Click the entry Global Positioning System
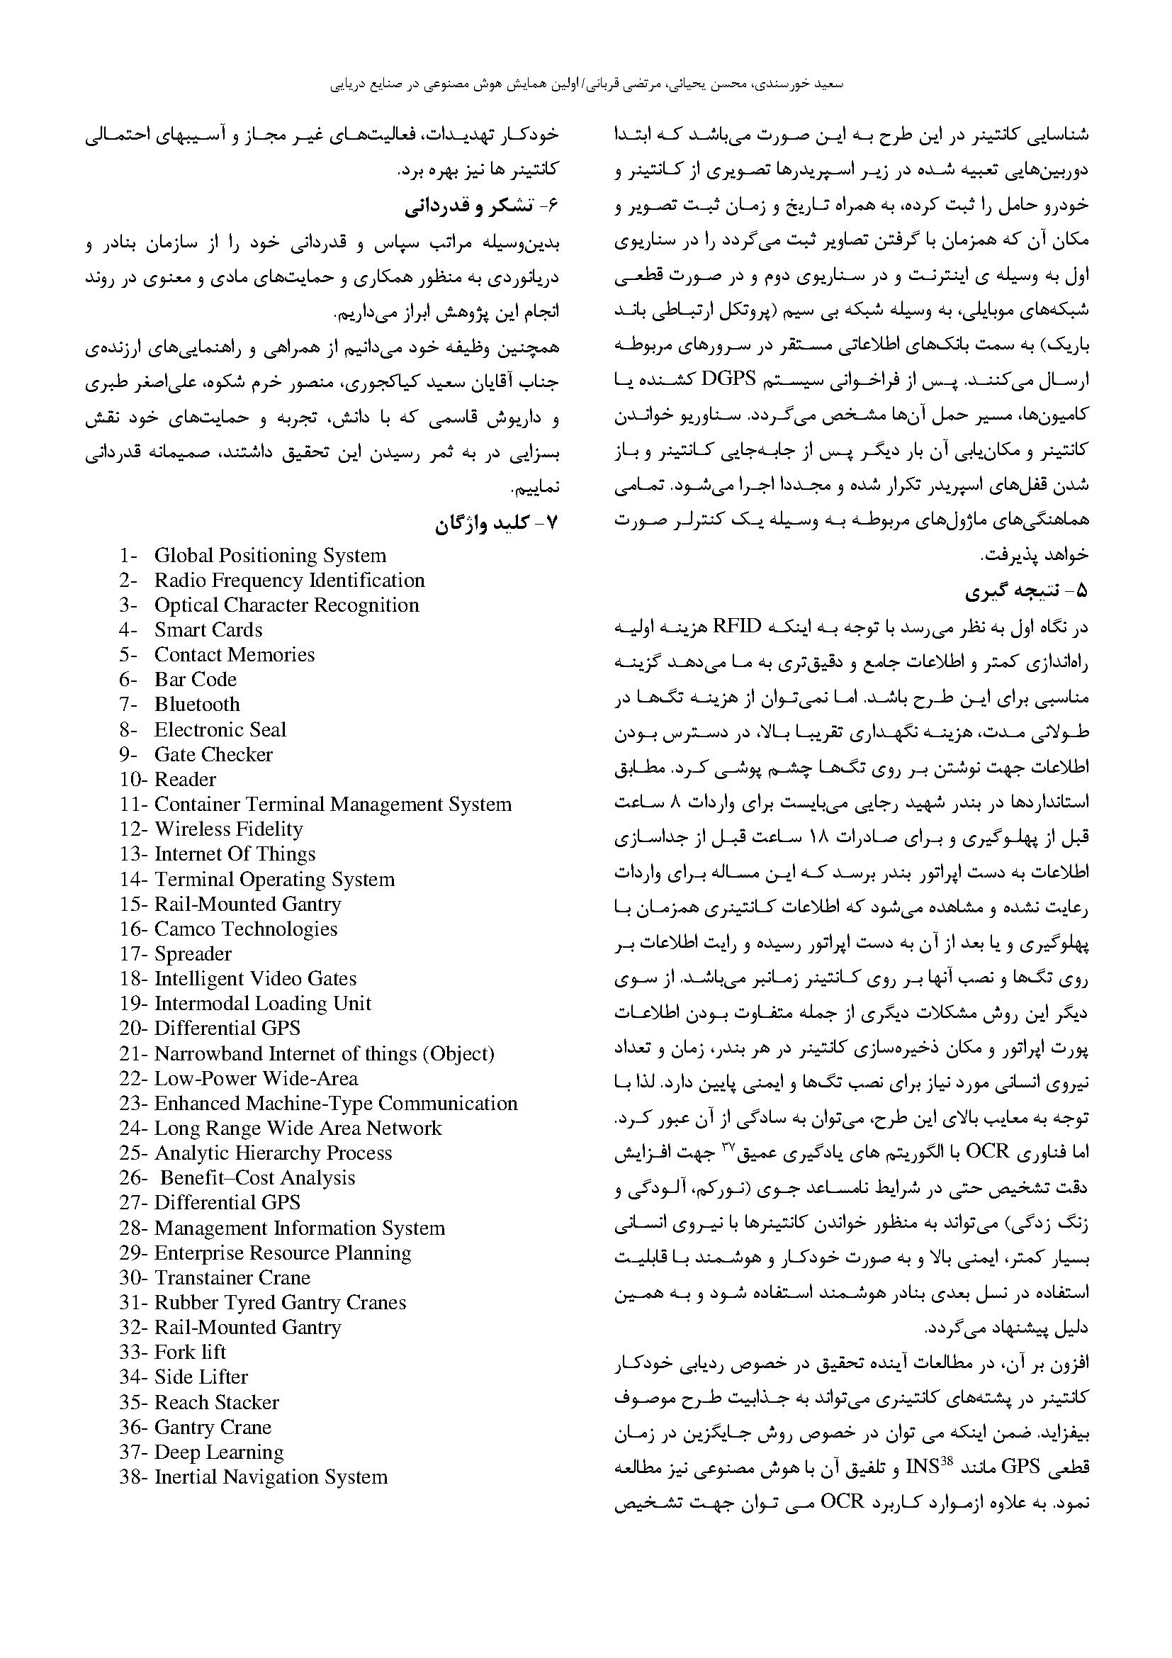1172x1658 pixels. (270, 555)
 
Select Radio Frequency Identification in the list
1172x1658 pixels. (288, 581)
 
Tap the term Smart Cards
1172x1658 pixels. (208, 629)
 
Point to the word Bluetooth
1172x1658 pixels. (196, 704)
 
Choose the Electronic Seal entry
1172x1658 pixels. (220, 729)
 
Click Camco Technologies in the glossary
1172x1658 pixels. (245, 929)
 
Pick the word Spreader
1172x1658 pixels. (193, 954)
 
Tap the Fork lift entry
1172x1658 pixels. (190, 1352)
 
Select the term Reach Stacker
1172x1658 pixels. (217, 1401)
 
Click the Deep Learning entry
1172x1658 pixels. (219, 1452)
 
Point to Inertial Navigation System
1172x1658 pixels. (271, 1477)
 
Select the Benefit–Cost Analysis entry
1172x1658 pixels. (257, 1178)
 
